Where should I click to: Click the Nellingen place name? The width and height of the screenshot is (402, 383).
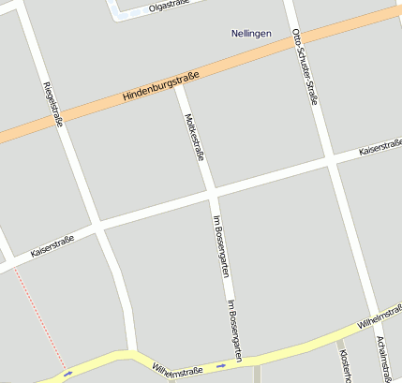point(251,34)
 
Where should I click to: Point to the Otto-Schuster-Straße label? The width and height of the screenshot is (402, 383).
point(306,66)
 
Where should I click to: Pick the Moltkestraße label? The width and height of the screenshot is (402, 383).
point(194,138)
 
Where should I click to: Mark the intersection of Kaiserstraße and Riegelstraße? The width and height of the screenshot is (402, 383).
point(97,228)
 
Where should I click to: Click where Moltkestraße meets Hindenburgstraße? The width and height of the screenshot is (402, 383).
point(179,84)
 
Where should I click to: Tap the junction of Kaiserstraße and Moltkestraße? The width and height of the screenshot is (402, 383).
point(212,195)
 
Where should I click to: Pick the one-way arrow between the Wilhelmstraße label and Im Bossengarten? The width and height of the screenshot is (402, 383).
point(220,364)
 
